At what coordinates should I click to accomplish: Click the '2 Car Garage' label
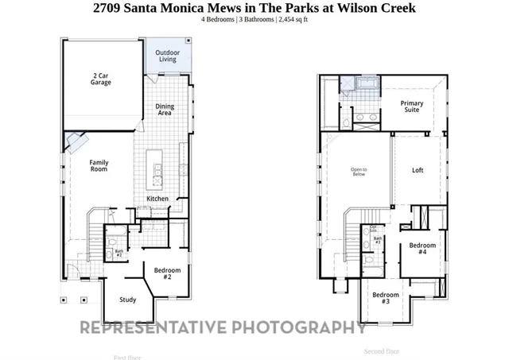pyautogui.click(x=99, y=77)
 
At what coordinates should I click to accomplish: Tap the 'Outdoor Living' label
pyautogui.click(x=167, y=56)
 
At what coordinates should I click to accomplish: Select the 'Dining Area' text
pyautogui.click(x=164, y=109)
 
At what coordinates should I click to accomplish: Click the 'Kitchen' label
pyautogui.click(x=157, y=199)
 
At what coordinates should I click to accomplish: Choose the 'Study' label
pyautogui.click(x=128, y=300)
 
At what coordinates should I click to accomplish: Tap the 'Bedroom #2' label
pyautogui.click(x=167, y=273)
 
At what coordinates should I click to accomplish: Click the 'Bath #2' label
pyautogui.click(x=119, y=253)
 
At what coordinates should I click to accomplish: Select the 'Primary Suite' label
pyautogui.click(x=411, y=106)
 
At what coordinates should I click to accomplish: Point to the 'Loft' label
pyautogui.click(x=418, y=170)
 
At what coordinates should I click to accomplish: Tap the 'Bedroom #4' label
pyautogui.click(x=422, y=249)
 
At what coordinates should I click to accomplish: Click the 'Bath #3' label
pyautogui.click(x=378, y=240)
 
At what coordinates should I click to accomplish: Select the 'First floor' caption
pyautogui.click(x=128, y=357)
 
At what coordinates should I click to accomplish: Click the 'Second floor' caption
pyautogui.click(x=382, y=350)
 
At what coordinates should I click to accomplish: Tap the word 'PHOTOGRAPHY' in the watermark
pyautogui.click(x=299, y=327)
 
